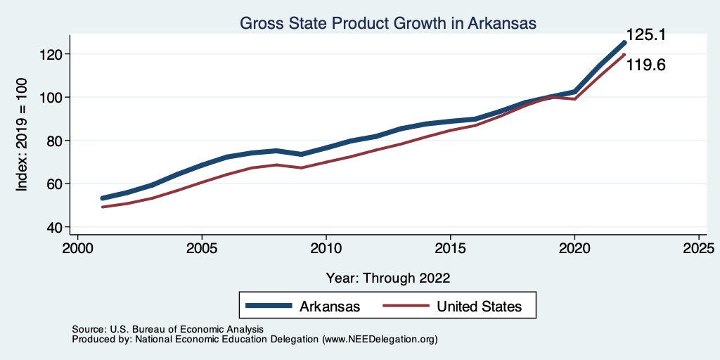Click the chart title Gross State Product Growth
tap(388, 23)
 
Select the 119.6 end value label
tap(645, 65)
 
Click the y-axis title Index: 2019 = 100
tap(22, 134)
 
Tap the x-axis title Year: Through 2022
tap(388, 277)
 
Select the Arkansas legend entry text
tap(330, 307)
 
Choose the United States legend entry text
tap(479, 307)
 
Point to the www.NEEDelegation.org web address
tap(380, 339)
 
